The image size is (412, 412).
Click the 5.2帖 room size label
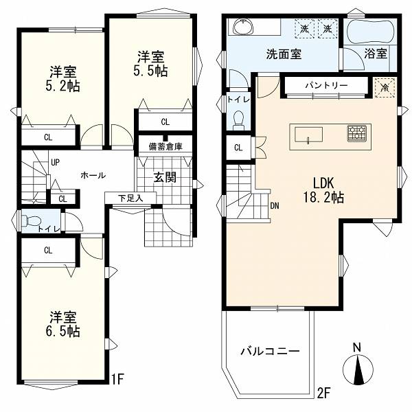[62, 86]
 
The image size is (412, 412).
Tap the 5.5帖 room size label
[150, 71]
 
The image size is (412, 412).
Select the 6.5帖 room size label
[62, 331]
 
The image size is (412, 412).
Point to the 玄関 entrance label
[165, 178]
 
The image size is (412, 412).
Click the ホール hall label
[93, 175]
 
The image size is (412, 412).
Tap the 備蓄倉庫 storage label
[165, 146]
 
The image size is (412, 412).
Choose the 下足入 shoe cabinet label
[130, 198]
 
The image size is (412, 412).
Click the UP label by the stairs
[55, 163]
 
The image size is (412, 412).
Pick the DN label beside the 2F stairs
[275, 206]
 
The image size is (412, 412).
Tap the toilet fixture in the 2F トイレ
[238, 119]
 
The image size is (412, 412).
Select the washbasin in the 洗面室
[244, 27]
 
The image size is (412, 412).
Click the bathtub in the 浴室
[370, 31]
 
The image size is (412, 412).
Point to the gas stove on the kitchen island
[357, 134]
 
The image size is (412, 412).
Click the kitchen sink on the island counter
[308, 135]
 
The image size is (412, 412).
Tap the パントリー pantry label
[327, 85]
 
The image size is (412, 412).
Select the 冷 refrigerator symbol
[385, 88]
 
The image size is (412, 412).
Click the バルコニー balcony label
[270, 352]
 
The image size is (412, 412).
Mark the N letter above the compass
[357, 347]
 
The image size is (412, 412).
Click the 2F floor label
[323, 393]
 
